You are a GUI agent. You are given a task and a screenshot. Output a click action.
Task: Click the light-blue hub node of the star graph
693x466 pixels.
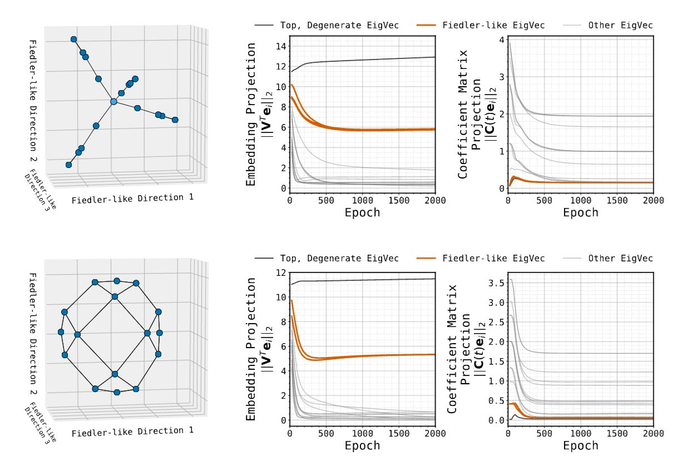(113, 102)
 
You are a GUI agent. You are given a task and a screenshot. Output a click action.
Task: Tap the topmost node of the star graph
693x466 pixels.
(73, 39)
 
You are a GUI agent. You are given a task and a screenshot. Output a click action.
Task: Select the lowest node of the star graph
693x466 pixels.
(68, 165)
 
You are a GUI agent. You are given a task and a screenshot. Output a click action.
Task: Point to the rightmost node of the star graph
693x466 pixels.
(175, 120)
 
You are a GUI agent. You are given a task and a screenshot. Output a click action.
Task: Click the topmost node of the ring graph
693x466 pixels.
(117, 280)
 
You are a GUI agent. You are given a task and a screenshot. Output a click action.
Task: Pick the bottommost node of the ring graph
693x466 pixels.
(117, 392)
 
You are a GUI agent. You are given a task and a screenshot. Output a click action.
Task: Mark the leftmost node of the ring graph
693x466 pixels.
(61, 332)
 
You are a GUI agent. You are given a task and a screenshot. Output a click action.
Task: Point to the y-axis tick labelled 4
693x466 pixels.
(502, 40)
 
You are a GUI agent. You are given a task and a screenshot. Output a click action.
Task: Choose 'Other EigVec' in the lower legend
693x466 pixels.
(621, 258)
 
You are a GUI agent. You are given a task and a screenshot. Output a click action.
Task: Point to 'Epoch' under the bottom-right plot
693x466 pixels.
(581, 445)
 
